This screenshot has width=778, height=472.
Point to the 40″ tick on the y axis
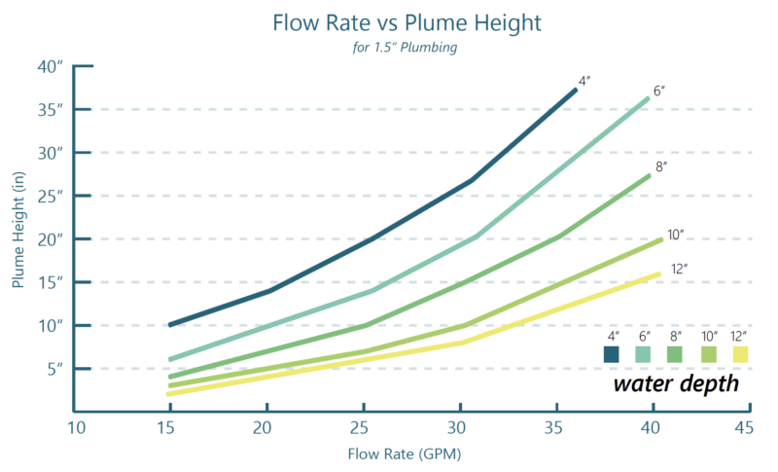point(51,66)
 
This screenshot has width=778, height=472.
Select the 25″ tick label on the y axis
point(51,196)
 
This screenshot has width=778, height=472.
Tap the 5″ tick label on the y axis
point(53,368)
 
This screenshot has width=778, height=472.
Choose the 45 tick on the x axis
point(744,428)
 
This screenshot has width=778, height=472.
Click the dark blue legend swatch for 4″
point(612,354)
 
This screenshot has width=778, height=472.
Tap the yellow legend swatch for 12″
point(741,354)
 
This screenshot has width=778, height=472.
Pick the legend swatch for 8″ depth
point(677,354)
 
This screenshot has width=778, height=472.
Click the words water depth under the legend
point(675,383)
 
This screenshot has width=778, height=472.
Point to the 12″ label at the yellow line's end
point(679,268)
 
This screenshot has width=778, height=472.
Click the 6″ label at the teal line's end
point(658,91)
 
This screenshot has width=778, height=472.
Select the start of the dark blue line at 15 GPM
point(170,324)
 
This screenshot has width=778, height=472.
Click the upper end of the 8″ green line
point(650,175)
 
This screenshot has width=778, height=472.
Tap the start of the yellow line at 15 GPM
point(170,393)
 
